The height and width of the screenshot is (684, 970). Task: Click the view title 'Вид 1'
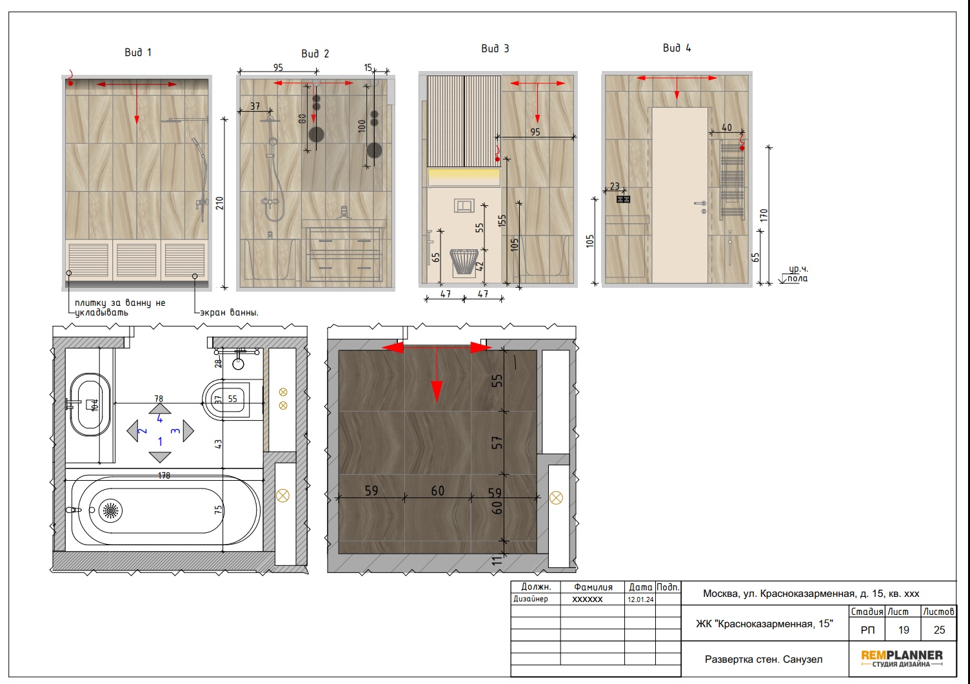[138, 52]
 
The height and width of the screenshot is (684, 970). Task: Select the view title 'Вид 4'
[677, 48]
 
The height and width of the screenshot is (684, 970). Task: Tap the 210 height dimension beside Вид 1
[219, 203]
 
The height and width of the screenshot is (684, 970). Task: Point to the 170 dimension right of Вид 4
[764, 216]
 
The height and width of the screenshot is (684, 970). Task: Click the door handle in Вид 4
[700, 204]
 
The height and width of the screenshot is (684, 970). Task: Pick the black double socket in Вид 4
[623, 199]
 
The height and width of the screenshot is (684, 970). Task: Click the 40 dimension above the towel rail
[727, 127]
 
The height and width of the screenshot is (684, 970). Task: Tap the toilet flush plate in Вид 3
[464, 205]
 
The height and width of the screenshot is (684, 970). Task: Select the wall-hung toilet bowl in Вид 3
[464, 261]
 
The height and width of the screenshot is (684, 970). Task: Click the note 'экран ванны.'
[229, 312]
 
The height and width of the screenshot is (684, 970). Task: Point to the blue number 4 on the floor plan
[160, 419]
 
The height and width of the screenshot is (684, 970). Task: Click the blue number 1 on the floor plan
[160, 441]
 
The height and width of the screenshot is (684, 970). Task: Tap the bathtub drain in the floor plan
[110, 510]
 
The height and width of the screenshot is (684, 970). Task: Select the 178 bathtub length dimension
[164, 476]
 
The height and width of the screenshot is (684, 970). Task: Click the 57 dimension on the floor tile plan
[497, 442]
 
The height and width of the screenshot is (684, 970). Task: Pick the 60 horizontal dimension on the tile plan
[437, 491]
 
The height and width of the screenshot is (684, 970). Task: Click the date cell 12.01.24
[640, 599]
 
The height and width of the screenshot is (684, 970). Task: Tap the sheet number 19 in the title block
[904, 630]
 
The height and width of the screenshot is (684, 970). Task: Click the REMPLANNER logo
[902, 658]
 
